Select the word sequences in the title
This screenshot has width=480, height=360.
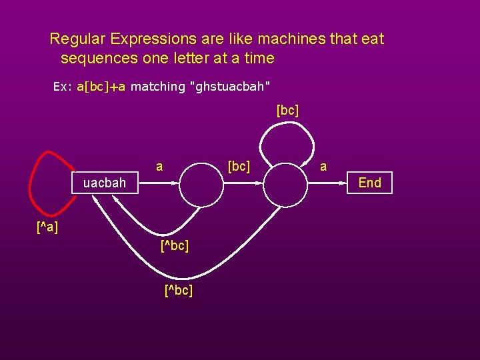(100, 58)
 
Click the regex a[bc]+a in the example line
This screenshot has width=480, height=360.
(101, 87)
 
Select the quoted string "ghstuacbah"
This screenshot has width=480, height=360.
(230, 87)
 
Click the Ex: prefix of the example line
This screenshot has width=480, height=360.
(63, 87)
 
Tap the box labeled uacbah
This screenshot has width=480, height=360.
(105, 183)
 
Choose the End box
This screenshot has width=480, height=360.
(370, 183)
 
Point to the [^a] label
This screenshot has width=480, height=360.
(47, 228)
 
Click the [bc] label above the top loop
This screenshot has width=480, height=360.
(287, 110)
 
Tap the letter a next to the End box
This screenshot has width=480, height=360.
(323, 167)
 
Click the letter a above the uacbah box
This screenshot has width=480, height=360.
(159, 165)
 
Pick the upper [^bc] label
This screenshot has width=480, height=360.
(175, 246)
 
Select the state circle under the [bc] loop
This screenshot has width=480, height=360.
(288, 183)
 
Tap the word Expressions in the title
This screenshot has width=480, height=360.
(149, 39)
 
